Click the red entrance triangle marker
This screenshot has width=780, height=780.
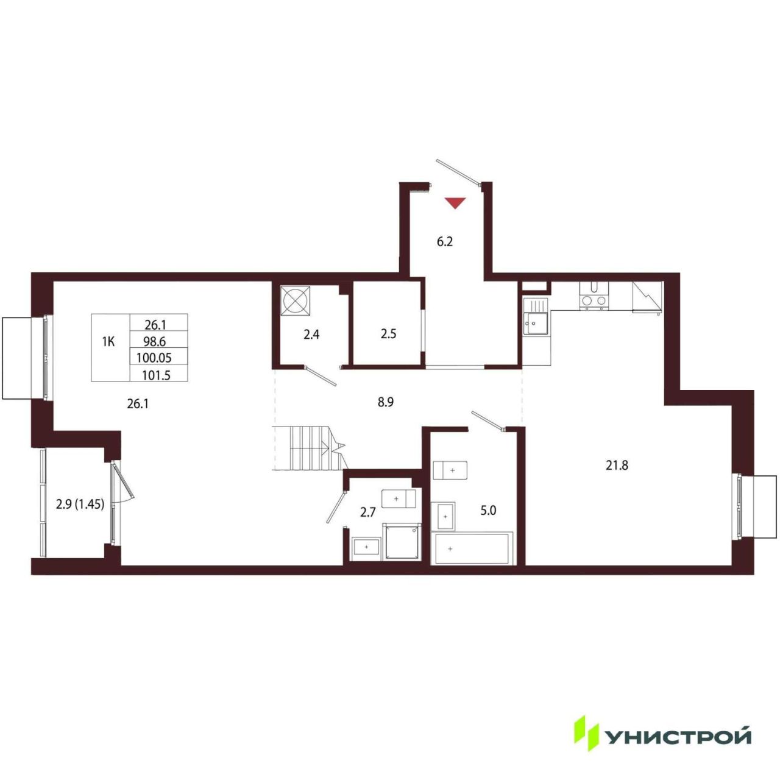point(455,203)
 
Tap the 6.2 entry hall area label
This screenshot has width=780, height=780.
point(444,242)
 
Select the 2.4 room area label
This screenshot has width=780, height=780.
point(311,335)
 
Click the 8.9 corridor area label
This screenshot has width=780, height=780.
point(385,402)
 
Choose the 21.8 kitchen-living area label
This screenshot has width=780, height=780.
point(617,466)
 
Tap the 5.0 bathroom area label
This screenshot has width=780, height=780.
point(488,511)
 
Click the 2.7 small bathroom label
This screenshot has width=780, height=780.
point(368,512)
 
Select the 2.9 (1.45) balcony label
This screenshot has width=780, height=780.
point(80,505)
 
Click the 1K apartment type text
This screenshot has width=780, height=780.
point(108,342)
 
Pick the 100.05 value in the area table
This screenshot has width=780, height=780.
point(154,358)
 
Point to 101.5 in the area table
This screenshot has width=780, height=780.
point(156,375)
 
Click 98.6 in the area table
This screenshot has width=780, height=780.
point(155,342)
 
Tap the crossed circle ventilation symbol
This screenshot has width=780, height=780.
point(296,301)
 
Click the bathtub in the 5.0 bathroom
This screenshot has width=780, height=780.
point(473,548)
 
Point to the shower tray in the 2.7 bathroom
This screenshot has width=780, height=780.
point(402,542)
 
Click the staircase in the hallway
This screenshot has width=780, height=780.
point(309,448)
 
